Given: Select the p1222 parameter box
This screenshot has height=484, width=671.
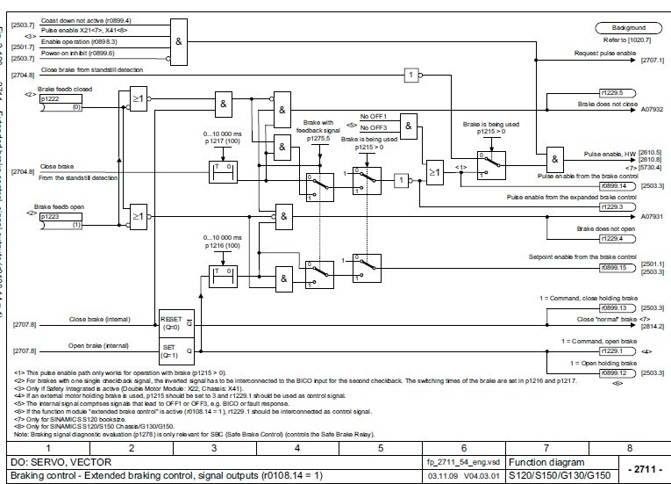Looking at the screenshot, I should point(61,103).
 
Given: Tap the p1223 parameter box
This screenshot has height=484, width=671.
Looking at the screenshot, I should point(61,220).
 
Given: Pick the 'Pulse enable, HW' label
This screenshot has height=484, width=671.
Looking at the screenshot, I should point(609,154).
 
